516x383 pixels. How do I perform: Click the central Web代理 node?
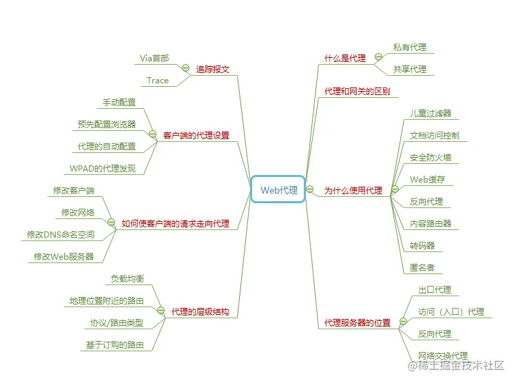278,190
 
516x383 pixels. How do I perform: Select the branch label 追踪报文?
212,70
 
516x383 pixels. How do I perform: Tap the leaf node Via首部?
155,59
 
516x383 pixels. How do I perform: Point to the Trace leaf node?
158,81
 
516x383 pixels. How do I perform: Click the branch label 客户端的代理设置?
196,136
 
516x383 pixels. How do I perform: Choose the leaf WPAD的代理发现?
103,169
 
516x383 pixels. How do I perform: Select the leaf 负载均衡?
127,279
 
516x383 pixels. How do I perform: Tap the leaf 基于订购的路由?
114,345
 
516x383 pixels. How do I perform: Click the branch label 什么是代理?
345,59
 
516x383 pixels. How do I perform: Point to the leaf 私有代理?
409,48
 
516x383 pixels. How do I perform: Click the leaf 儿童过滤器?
430,114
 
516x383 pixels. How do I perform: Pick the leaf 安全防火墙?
430,158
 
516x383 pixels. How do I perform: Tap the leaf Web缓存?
427,180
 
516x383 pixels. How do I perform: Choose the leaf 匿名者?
422,268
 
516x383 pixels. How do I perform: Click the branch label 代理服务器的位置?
357,323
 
